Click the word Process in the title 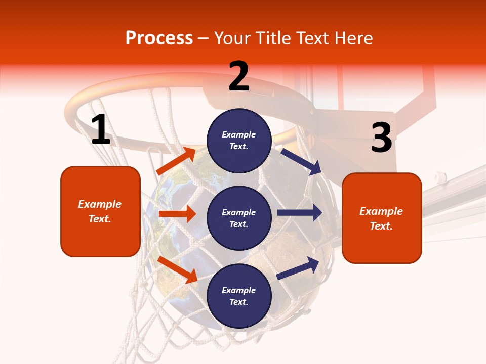159,38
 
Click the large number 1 101,130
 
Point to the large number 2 239,76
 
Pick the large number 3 381,138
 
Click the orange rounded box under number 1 100,211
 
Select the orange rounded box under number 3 382,218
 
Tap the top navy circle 239,141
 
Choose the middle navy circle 239,218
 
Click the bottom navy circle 239,296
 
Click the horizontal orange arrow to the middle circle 177,214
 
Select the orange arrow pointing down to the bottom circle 178,269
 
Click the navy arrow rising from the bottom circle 298,268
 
